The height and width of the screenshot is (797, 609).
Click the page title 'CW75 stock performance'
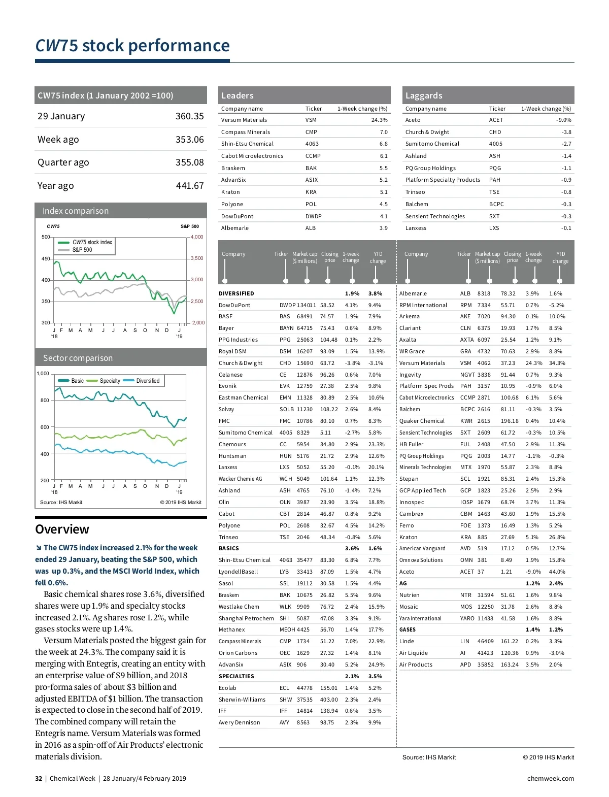point(132,46)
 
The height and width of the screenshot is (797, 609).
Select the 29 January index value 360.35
point(189,116)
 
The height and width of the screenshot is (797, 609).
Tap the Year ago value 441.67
point(189,186)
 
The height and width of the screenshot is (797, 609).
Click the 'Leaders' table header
point(238,95)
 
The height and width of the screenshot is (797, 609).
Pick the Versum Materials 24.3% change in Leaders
point(379,120)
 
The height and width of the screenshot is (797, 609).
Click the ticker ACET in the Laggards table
point(496,120)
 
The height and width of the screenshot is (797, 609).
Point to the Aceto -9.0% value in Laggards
point(563,120)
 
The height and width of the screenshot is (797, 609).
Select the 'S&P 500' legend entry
point(82,250)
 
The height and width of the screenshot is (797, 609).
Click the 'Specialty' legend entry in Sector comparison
point(110,381)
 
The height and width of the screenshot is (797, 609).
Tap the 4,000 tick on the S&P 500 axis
point(197,237)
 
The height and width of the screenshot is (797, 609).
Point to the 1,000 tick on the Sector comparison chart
point(43,374)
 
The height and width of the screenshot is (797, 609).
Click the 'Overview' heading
point(62,529)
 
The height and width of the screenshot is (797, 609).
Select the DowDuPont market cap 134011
point(307,305)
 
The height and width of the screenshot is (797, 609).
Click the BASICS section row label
point(229,548)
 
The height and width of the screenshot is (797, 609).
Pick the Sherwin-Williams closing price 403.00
point(329,700)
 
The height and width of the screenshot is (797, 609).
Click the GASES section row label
point(408,629)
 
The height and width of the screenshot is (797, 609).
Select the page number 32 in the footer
point(39,778)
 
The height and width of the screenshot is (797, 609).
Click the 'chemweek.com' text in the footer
point(550,778)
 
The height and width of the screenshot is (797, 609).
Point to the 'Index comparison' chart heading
point(76,211)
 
